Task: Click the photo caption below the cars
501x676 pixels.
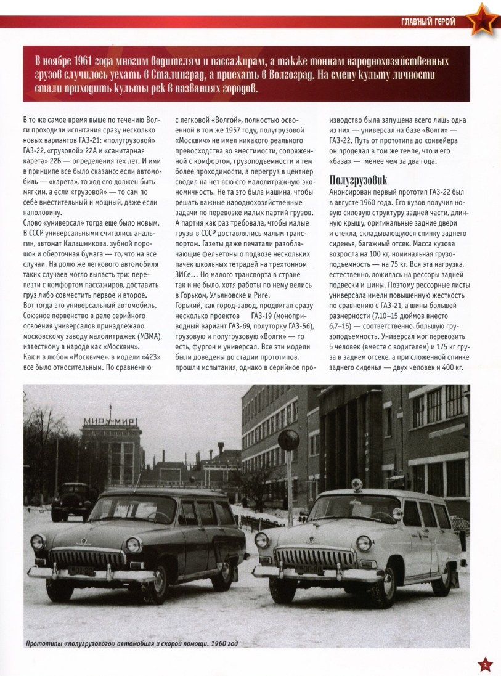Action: pyautogui.click(x=131, y=645)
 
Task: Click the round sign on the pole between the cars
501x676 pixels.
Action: pyautogui.click(x=288, y=440)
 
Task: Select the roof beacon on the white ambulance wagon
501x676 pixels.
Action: pyautogui.click(x=356, y=485)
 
